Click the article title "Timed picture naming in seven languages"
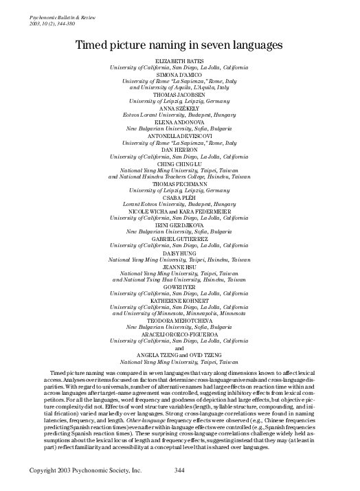179,45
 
